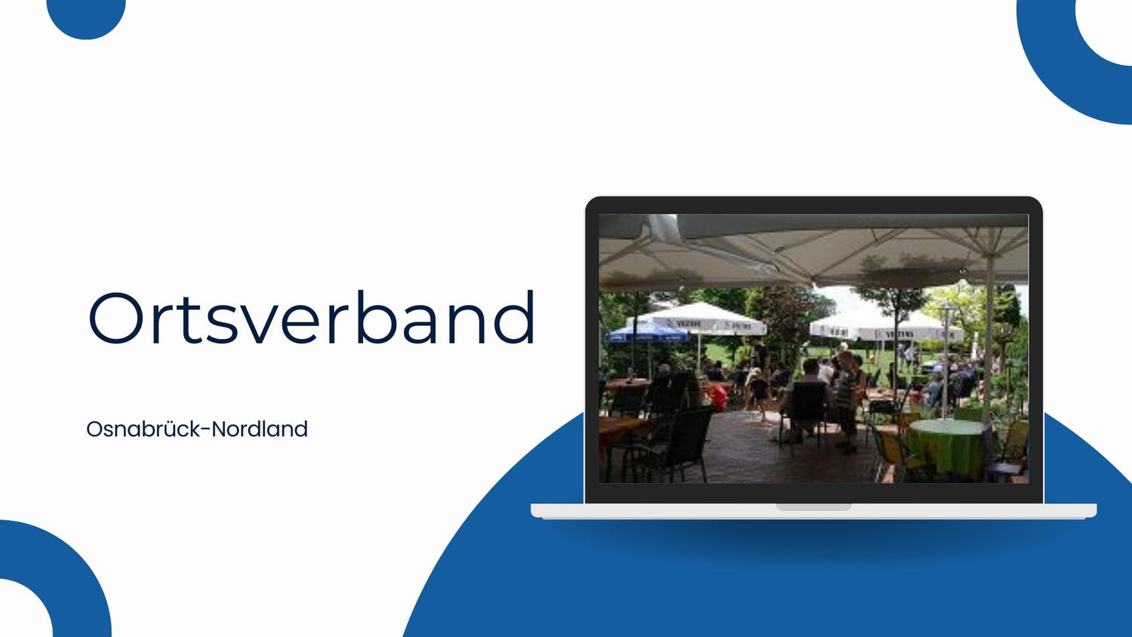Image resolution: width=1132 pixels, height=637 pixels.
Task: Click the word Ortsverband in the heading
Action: click(x=311, y=318)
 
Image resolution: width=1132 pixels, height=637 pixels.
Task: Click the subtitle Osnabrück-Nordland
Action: click(x=197, y=429)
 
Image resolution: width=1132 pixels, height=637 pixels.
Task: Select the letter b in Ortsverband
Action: click(x=380, y=317)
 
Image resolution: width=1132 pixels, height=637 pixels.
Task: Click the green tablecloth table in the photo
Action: click(x=946, y=445)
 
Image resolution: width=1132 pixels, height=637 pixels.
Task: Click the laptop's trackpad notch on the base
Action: click(x=814, y=507)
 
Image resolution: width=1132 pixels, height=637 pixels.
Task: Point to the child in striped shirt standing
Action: click(x=847, y=400)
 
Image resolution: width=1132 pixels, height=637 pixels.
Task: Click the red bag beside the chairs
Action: click(x=718, y=397)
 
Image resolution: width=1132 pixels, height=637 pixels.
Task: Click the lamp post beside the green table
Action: click(x=946, y=362)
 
